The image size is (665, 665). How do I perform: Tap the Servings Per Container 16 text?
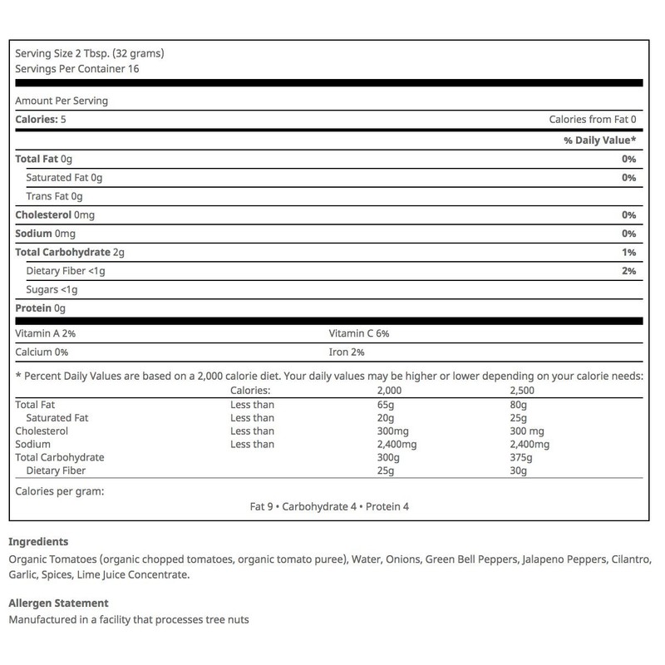click(76, 68)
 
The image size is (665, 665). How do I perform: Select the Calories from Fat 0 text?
click(593, 120)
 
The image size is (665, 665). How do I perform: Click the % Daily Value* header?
click(600, 140)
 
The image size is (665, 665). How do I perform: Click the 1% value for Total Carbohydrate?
click(628, 252)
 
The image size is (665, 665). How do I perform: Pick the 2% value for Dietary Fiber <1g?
click(628, 271)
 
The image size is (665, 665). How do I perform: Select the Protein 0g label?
click(40, 308)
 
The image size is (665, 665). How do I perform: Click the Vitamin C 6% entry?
click(359, 333)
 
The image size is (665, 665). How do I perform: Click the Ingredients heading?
click(37, 542)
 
